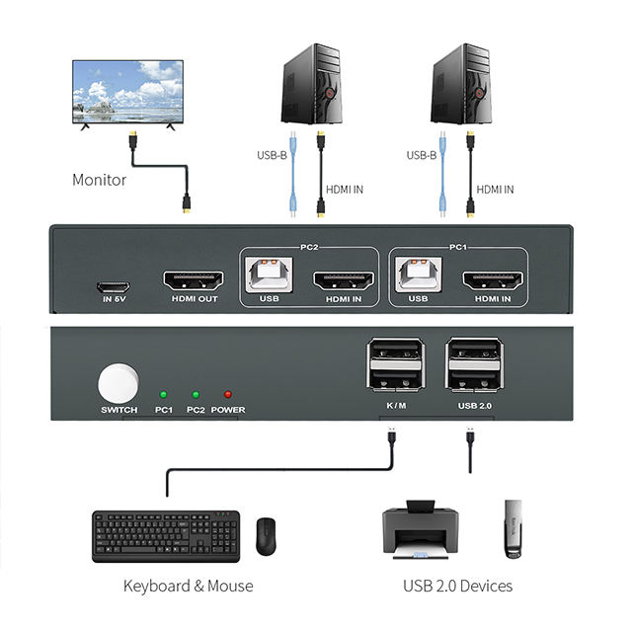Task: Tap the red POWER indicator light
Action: pyautogui.click(x=227, y=394)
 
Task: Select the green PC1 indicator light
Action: pyautogui.click(x=163, y=394)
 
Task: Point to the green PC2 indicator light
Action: pyautogui.click(x=196, y=394)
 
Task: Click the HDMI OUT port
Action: pyautogui.click(x=193, y=279)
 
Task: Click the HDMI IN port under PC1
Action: pyautogui.click(x=492, y=279)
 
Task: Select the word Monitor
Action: pyautogui.click(x=99, y=180)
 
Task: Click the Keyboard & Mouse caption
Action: pyautogui.click(x=188, y=586)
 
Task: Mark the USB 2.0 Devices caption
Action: pyautogui.click(x=457, y=586)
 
